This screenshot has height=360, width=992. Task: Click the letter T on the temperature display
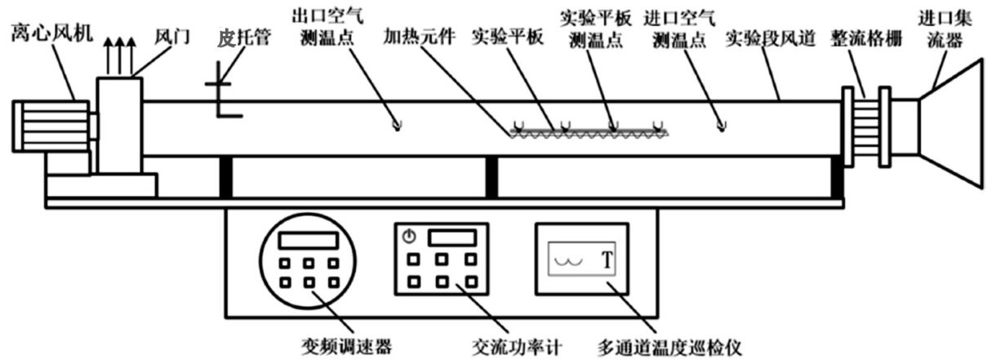coord(607,261)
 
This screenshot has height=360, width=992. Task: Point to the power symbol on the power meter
coord(409,237)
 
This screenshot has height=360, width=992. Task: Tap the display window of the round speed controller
coord(307,240)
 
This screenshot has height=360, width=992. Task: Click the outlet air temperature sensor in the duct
coord(397,124)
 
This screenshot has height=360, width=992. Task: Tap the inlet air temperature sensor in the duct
coord(719,124)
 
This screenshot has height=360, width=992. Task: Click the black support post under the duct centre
coord(492,176)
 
